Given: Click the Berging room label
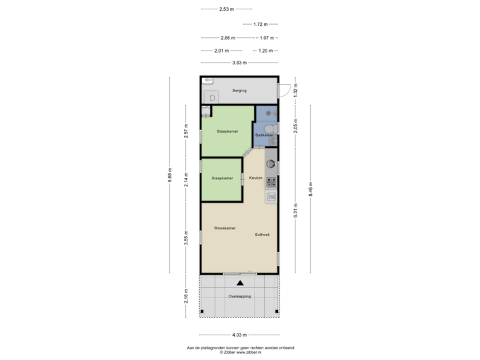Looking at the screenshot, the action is pos(239,91).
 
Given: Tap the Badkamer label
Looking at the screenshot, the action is pos(265,135).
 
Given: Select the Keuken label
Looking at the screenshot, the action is pos(255,178).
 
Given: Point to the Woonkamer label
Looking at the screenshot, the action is pos(225,228).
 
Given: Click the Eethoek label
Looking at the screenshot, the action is pos(263,235).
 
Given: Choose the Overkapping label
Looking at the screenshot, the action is pos(239,296).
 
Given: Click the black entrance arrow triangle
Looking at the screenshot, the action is pos(240,283).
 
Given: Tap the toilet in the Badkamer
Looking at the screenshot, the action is pos(271,129).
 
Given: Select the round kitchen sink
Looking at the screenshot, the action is pos(271,164).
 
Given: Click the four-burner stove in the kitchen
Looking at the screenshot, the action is pos(271,182).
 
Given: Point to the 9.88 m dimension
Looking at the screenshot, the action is pos(170,175).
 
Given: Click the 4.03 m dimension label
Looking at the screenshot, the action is pos(239,335).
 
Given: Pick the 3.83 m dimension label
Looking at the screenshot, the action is pos(239,63).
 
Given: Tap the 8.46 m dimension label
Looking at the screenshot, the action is pos(311,189).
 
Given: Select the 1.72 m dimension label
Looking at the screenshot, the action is pos(261,24).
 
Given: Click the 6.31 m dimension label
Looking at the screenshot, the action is pos(295,211).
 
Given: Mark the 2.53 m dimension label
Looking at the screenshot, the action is pos(227,9).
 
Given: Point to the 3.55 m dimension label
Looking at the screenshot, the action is pos(186,238).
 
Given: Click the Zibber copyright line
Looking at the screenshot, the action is pos(241,353).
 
